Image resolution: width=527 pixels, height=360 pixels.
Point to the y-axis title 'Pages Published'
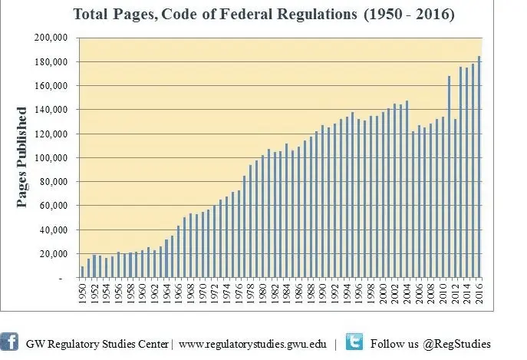(22, 157)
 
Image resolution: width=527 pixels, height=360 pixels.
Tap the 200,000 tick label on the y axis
(52, 38)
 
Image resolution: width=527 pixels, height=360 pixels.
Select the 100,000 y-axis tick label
(52, 158)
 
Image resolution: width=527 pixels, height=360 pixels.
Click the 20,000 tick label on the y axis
(54, 254)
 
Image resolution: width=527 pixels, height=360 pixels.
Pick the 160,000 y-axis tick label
(52, 86)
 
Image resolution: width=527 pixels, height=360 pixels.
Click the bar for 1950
(83, 272)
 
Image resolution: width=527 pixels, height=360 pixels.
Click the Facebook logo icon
(10, 342)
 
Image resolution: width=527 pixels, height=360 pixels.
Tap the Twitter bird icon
(354, 342)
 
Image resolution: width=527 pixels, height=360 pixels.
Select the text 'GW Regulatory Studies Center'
(97, 344)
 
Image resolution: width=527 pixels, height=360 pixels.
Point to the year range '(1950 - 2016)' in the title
(398, 14)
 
